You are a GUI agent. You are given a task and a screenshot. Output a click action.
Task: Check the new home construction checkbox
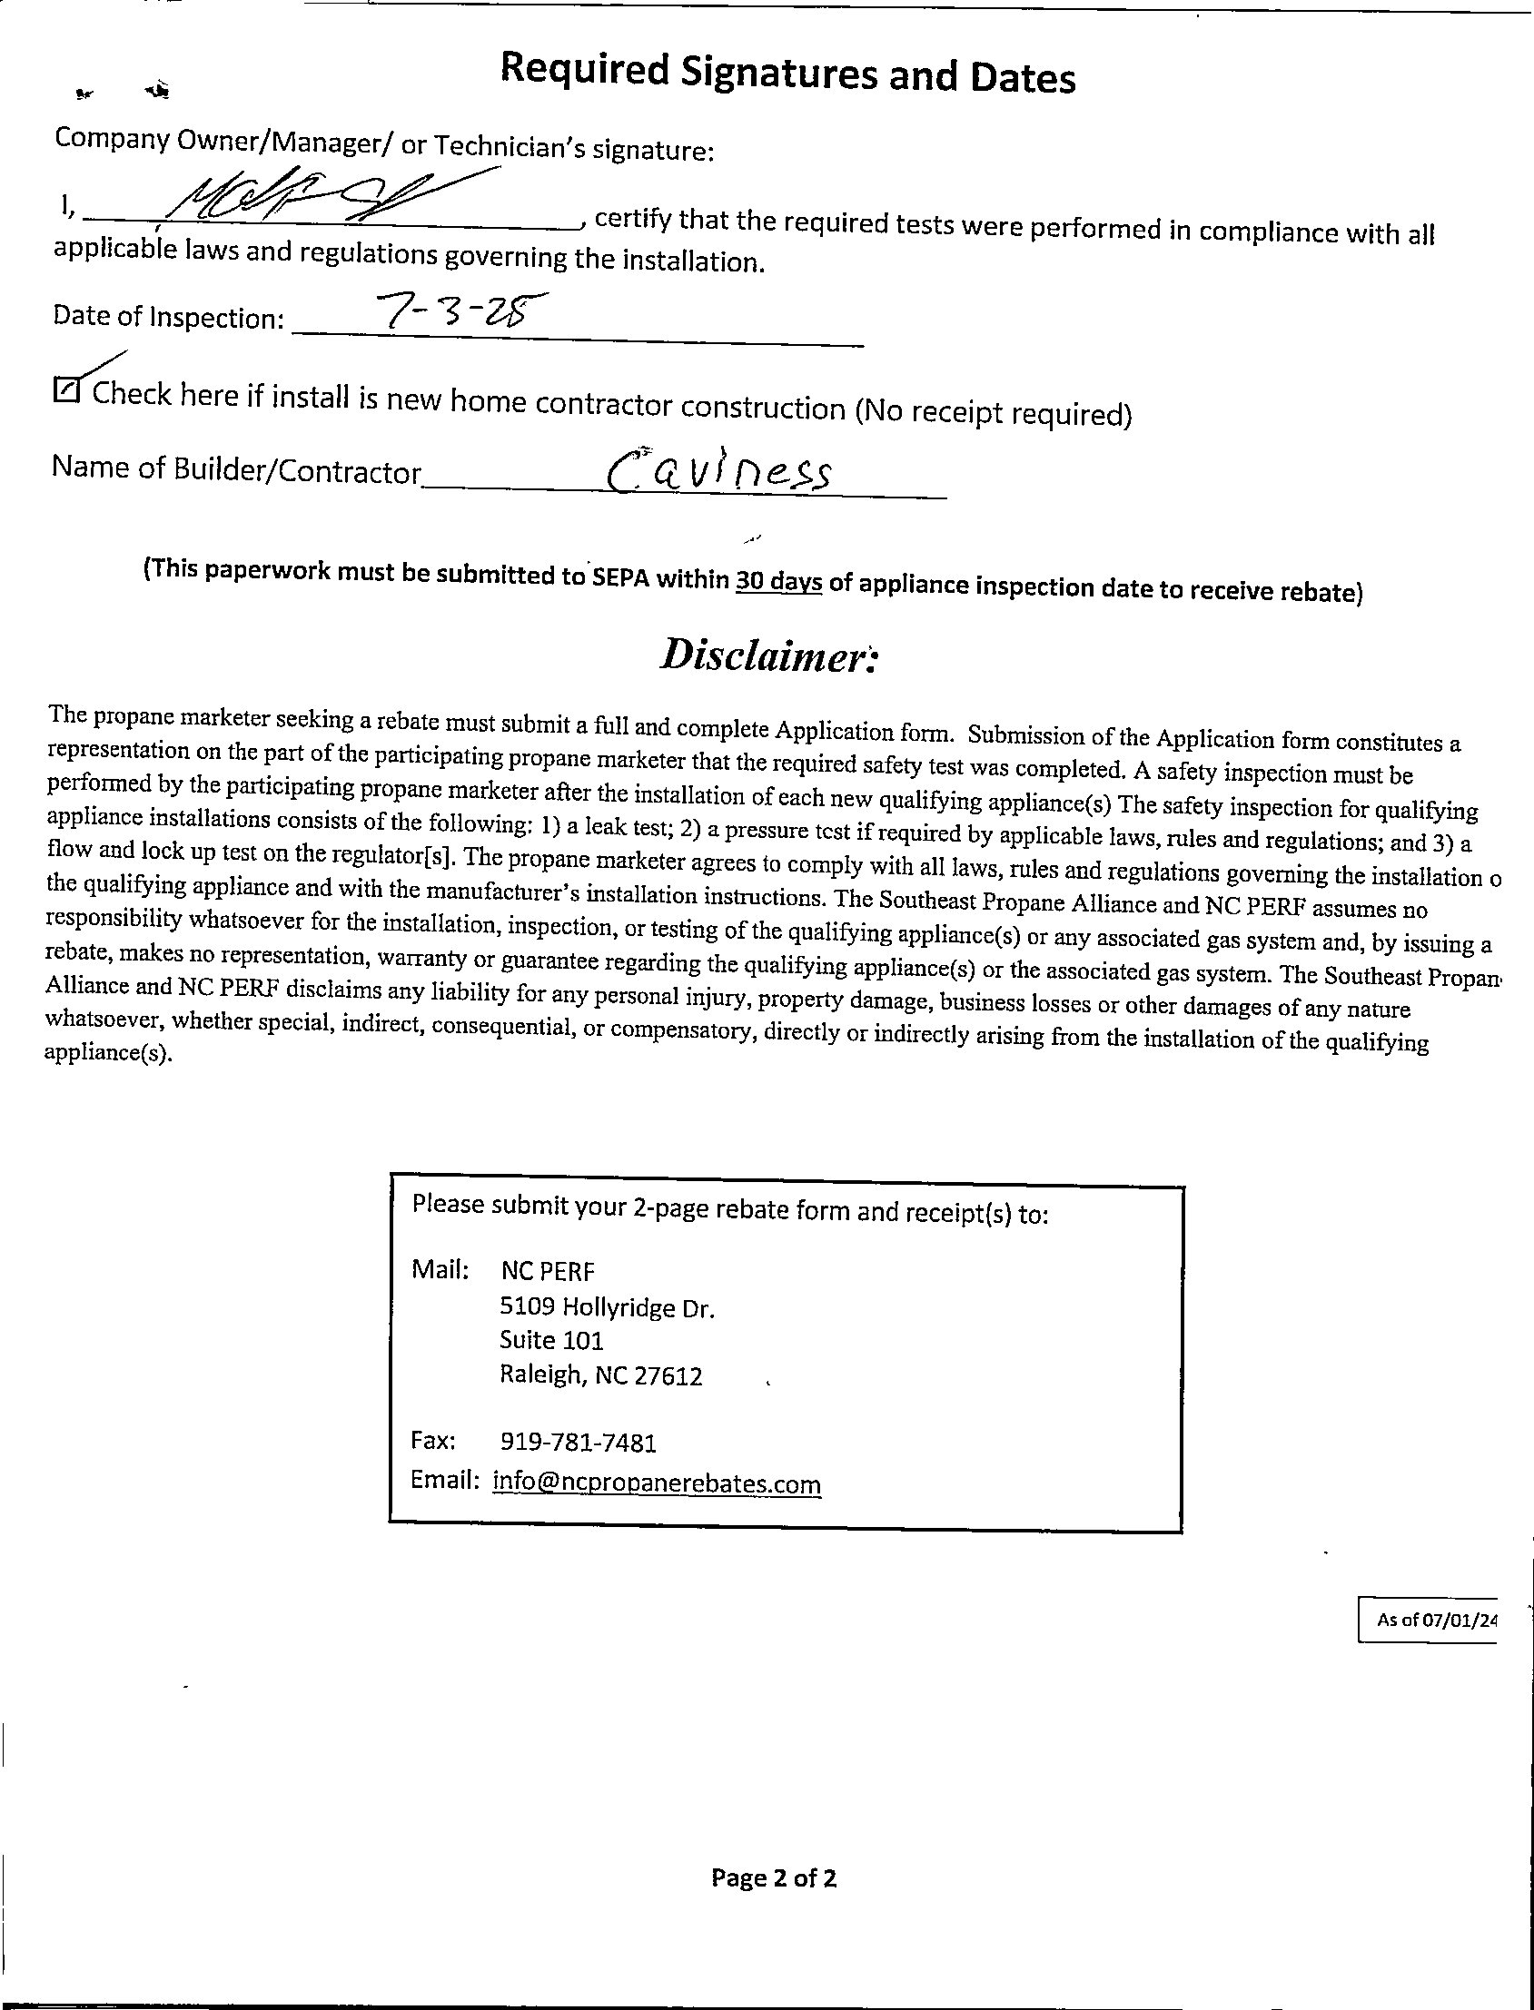[67, 389]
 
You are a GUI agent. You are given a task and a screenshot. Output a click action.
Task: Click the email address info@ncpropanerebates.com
[657, 1483]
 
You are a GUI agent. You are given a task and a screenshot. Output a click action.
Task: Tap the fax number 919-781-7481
[579, 1443]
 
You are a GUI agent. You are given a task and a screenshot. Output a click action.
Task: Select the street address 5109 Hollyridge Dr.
[608, 1308]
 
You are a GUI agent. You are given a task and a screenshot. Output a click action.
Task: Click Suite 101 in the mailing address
[551, 1340]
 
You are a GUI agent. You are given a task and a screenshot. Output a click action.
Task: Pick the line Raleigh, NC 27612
[601, 1374]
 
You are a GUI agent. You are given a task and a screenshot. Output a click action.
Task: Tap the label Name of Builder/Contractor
[236, 469]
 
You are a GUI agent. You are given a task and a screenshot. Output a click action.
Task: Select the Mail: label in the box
[440, 1269]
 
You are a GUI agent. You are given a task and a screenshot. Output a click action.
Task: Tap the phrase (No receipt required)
[994, 413]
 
